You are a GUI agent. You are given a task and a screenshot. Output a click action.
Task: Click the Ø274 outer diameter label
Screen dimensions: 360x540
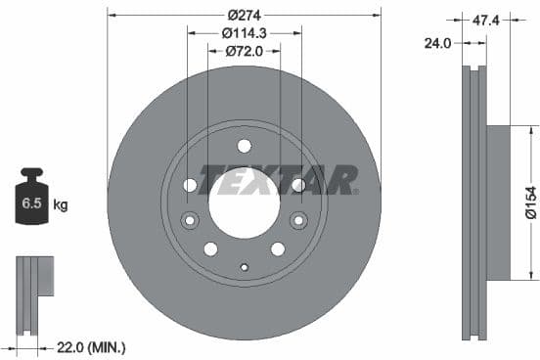coord(243,16)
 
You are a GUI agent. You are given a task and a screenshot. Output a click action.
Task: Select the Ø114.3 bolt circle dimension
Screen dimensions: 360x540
coord(243,33)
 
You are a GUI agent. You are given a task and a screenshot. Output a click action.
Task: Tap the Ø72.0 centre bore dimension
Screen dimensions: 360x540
coord(243,51)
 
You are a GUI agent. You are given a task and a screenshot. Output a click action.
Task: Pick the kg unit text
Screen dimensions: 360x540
coord(61,204)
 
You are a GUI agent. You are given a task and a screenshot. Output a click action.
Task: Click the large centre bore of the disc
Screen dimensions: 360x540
coord(244,202)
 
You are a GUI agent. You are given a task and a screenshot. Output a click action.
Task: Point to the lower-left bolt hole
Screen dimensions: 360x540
coord(210,248)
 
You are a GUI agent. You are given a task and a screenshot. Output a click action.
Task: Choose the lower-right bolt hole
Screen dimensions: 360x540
coord(278,248)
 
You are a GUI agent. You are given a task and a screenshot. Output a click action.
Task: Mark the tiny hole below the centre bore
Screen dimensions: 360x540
coord(244,266)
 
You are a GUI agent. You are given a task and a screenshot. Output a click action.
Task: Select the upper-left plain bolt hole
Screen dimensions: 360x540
coord(191,185)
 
